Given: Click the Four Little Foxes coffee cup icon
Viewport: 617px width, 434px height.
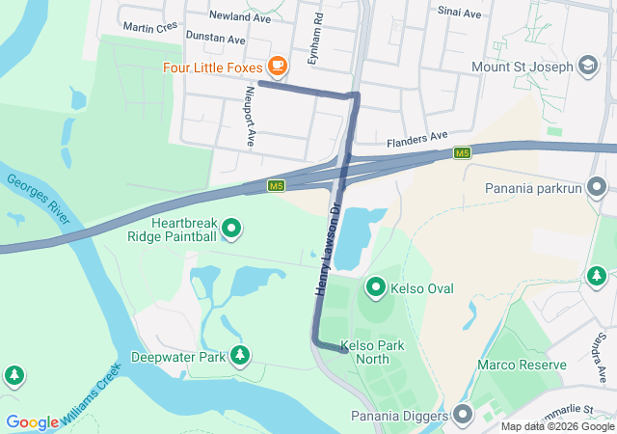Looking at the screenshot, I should point(278,67).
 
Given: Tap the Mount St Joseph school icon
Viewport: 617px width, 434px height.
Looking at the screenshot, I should point(586,67).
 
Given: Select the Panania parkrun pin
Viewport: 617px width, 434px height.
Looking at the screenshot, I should point(598,186).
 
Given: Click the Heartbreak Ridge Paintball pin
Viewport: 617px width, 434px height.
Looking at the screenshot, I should point(231,229).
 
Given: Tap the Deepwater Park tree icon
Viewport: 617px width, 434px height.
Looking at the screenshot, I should point(239,357).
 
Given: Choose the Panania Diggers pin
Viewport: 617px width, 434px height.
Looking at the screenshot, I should point(464,416).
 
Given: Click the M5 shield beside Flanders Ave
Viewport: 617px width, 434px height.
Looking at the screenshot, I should point(463,153).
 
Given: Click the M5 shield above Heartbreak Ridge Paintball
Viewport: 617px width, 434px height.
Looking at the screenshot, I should point(277,185).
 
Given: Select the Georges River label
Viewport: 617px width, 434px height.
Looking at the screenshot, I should point(40,200).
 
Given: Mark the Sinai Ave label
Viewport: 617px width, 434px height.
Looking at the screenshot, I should point(459,14).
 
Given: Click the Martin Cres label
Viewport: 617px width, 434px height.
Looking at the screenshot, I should point(150,26).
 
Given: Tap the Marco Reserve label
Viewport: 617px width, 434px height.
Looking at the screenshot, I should point(522,365).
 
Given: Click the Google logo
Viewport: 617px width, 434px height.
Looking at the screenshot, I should point(32,421).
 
